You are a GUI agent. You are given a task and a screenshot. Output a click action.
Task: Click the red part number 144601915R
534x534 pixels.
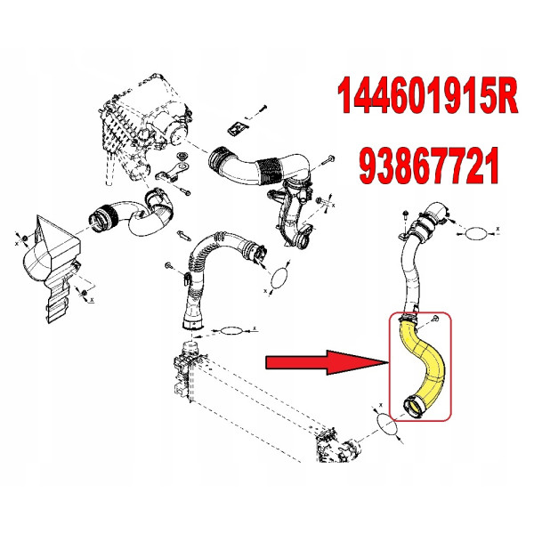pyautogui.click(x=427, y=96)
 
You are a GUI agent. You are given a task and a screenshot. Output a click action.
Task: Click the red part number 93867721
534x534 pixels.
pyautogui.click(x=429, y=166)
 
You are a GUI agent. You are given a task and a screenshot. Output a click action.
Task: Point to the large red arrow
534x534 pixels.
pyautogui.click(x=327, y=362)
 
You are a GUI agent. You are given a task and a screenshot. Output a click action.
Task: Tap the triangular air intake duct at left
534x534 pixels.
pyautogui.click(x=51, y=265)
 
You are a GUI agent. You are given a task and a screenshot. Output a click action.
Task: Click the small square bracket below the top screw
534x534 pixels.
pyautogui.click(x=238, y=129)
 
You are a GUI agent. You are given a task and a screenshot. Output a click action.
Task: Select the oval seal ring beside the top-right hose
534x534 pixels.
pyautogui.click(x=476, y=233)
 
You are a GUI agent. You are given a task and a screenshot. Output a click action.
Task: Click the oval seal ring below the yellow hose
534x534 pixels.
pyautogui.click(x=388, y=425)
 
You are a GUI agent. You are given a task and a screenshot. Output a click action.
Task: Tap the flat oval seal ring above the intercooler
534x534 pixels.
pyautogui.click(x=231, y=330)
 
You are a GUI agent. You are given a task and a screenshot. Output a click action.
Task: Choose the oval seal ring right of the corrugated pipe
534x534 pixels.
pyautogui.click(x=279, y=279)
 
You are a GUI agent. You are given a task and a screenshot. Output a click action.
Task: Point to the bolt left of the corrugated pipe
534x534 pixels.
pyautogui.click(x=169, y=265)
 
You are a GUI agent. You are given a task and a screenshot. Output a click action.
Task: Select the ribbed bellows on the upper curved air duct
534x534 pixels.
pyautogui.click(x=271, y=170)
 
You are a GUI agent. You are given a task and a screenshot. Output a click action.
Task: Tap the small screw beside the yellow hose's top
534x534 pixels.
pyautogui.click(x=435, y=319)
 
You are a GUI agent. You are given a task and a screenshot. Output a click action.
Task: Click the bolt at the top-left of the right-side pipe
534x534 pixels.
pyautogui.click(x=405, y=215)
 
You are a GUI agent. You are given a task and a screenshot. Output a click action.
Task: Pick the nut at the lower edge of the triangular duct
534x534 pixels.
pyautogui.click(x=84, y=293)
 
